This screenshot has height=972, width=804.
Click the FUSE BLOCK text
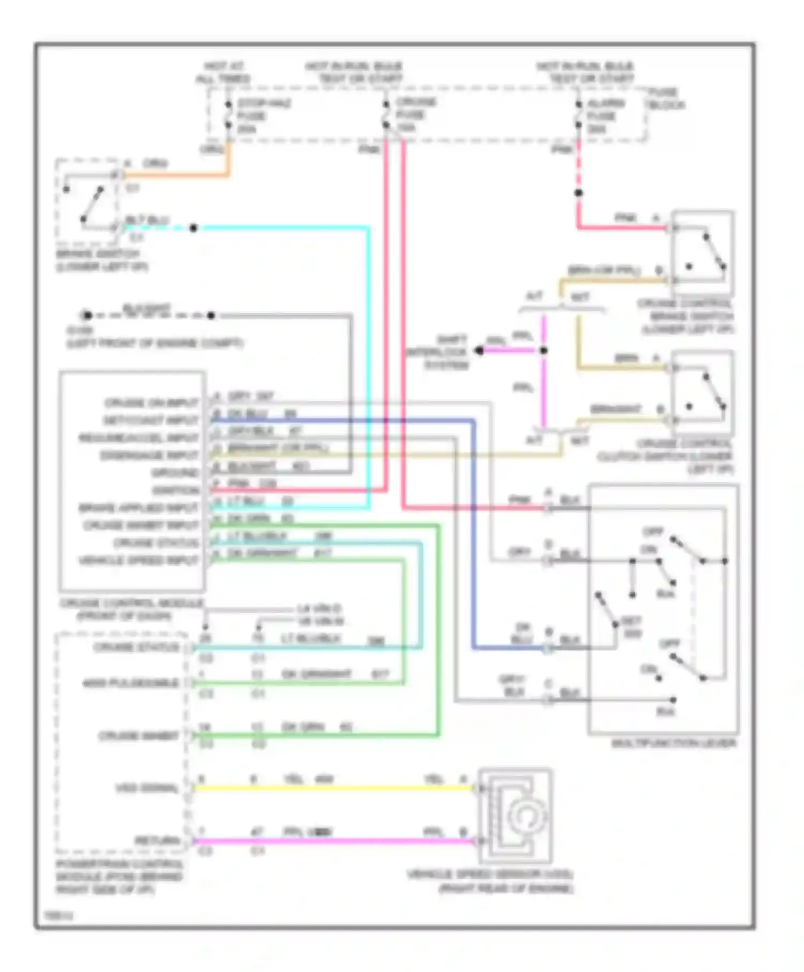pyautogui.click(x=665, y=99)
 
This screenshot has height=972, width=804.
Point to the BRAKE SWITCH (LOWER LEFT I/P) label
pyautogui.click(x=101, y=260)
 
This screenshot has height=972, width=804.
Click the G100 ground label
pyautogui.click(x=80, y=330)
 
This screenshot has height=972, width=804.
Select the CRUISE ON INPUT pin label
pyautogui.click(x=151, y=402)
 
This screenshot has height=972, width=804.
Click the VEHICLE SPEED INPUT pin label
pyautogui.click(x=138, y=560)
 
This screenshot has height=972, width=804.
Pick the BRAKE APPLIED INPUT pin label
pyautogui.click(x=138, y=507)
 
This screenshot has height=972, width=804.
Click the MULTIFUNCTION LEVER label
pyautogui.click(x=673, y=743)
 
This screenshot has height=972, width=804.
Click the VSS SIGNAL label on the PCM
pyautogui.click(x=146, y=788)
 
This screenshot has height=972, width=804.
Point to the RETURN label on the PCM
pyautogui.click(x=157, y=841)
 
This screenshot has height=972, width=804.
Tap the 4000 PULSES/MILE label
pyautogui.click(x=130, y=683)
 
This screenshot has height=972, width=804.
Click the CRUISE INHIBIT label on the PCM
pyautogui.click(x=138, y=736)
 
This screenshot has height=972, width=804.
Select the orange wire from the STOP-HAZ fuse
pyautogui.click(x=177, y=175)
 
